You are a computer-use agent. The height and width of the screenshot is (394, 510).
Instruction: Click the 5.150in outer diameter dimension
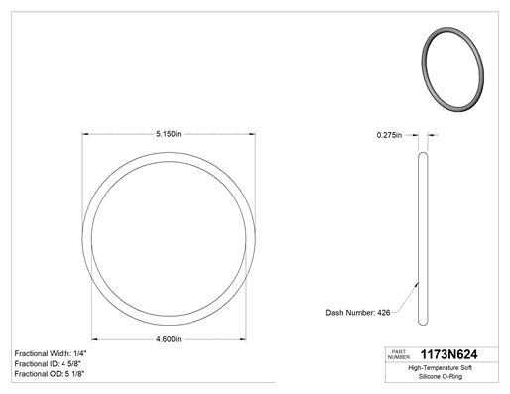coord(169,134)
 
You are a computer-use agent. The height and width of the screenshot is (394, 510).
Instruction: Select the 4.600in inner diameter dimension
coord(169,339)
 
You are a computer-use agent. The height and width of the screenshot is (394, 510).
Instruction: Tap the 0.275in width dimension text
coord(389,135)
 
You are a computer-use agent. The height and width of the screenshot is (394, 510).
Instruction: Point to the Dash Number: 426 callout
coord(358,313)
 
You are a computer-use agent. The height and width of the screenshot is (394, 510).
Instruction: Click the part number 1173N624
coord(448,354)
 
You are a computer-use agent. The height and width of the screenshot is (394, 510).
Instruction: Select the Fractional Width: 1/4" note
coord(51,353)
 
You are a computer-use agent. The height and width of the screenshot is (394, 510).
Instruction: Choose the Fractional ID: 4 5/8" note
coord(48,364)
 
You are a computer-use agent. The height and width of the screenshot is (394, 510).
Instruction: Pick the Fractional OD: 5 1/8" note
coord(50,374)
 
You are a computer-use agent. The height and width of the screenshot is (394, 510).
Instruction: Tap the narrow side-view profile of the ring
coord(423,238)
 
